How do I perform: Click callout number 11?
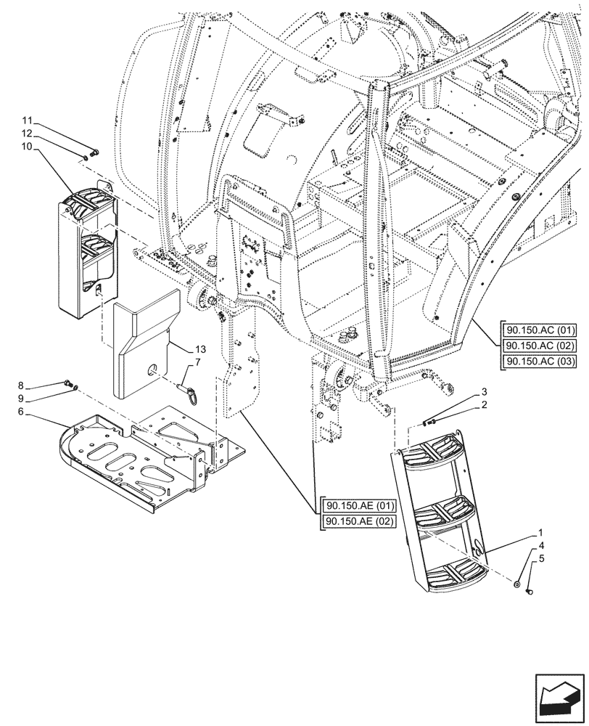(x=26, y=120)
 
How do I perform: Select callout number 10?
(x=26, y=147)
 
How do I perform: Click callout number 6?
(x=21, y=412)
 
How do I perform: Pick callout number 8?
(x=21, y=385)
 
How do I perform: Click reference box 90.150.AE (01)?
(x=356, y=506)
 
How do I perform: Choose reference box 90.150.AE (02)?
(x=356, y=522)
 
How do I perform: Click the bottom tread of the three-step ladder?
(x=451, y=576)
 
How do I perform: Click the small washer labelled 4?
(x=515, y=585)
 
